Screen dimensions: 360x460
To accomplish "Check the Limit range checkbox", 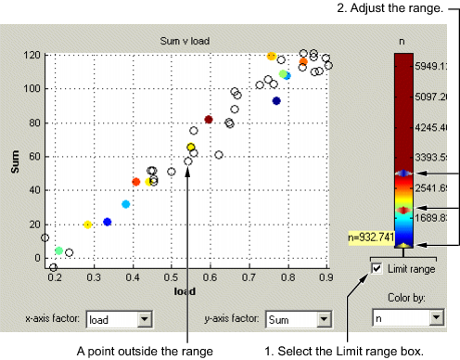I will (x=377, y=268).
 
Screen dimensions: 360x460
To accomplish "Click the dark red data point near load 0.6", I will (x=209, y=120).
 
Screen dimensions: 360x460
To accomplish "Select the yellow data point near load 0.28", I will (x=88, y=224).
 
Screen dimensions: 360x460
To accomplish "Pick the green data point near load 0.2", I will (x=59, y=251).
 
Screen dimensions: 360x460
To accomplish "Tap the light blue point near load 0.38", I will (x=126, y=204).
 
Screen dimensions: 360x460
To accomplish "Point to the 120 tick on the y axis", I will (x=31, y=55).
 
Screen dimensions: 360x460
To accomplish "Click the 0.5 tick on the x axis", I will (x=172, y=277).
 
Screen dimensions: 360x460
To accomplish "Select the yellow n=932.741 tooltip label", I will (x=373, y=238).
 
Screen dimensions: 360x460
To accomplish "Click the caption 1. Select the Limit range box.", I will (x=345, y=352).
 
